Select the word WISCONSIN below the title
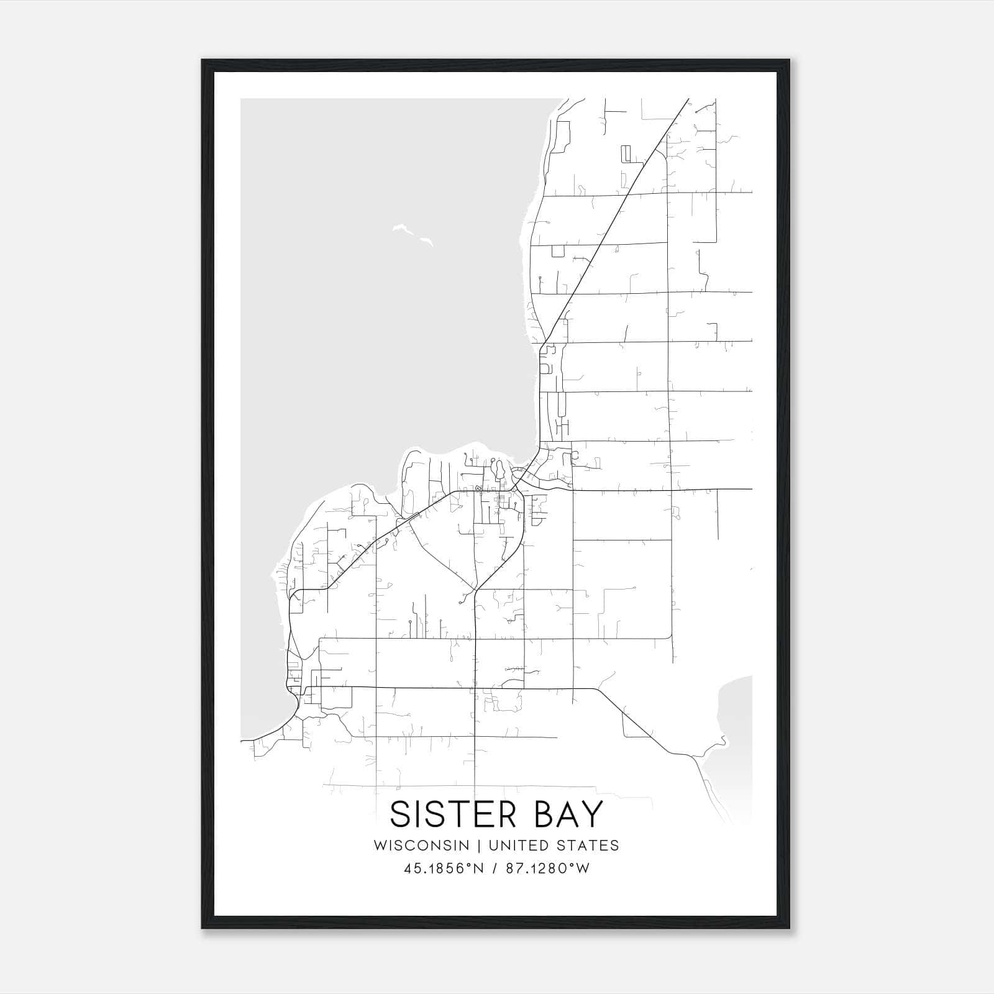[421, 845]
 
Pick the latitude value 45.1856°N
[444, 869]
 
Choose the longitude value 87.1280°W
[547, 869]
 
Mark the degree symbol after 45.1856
[469, 864]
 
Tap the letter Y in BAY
[590, 814]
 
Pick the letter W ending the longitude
[583, 869]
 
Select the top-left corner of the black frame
[203, 60]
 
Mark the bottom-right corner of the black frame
[788, 928]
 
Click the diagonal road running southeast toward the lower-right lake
[640, 726]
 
